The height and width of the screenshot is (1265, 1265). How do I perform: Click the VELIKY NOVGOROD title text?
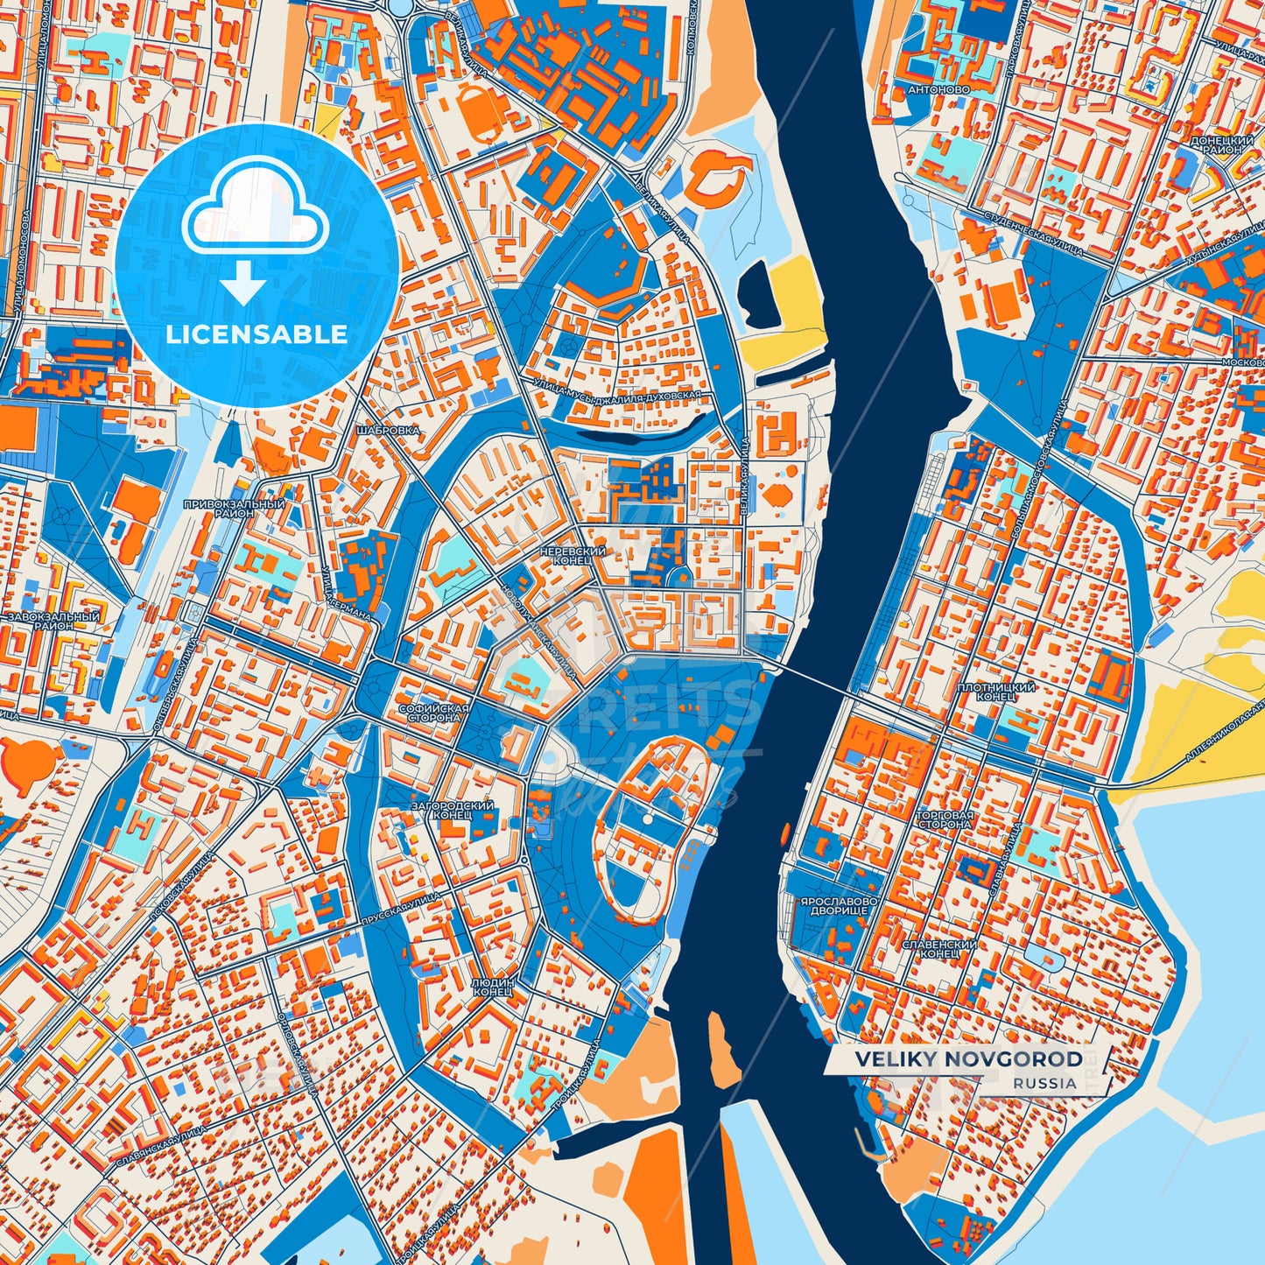point(968,1059)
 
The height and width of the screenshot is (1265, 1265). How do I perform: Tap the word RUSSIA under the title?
point(1045,1083)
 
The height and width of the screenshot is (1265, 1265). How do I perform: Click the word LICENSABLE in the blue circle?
point(257,334)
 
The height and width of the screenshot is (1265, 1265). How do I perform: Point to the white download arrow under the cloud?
point(244,285)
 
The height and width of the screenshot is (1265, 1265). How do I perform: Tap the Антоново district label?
point(938,89)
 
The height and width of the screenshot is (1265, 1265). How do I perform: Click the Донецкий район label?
point(1221,144)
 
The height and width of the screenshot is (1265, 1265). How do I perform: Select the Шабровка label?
point(389,431)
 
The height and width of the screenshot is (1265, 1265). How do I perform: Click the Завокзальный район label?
point(53,622)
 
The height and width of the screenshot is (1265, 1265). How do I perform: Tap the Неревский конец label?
point(573,556)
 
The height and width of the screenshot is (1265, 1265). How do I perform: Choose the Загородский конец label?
point(453,810)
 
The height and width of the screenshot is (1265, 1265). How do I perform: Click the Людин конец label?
point(492,987)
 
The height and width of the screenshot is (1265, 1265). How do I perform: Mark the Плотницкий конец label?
point(996,692)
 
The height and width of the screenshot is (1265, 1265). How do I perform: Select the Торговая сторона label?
point(943,819)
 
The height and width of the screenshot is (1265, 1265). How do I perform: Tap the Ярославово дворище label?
point(833,906)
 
